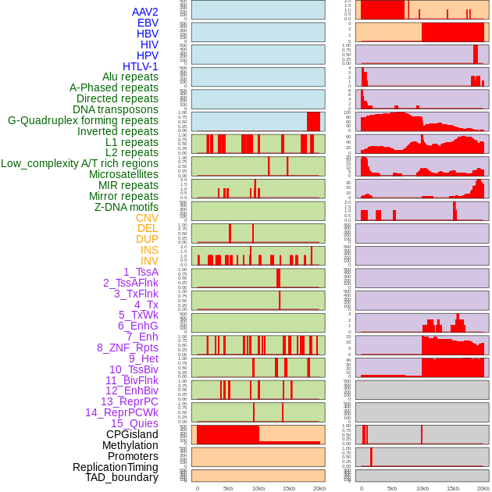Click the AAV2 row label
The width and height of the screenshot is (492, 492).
point(144,12)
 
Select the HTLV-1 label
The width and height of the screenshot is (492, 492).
point(140,66)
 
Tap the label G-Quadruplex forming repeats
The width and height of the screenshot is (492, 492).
point(83,121)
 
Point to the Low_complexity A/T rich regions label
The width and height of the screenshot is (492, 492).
point(80,163)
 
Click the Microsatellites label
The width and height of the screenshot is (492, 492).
point(123,174)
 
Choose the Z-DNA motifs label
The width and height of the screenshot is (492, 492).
point(126,207)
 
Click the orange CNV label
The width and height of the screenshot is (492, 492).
point(147,218)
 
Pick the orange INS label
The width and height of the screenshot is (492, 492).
point(149,250)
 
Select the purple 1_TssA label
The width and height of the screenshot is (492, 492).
point(141,272)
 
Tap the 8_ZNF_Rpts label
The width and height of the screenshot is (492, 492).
point(127,348)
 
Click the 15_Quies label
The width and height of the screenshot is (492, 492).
point(134,423)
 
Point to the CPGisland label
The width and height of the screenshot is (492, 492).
point(132,434)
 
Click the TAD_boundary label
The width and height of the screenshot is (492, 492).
point(121,477)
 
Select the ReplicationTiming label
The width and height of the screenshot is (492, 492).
point(115,467)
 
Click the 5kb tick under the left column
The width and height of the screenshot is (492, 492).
point(228,488)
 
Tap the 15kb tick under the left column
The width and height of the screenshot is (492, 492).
point(289,488)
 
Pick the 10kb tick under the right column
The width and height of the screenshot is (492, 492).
point(422,488)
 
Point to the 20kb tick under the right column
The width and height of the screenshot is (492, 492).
point(483,488)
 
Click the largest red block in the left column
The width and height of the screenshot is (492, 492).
point(228,434)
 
